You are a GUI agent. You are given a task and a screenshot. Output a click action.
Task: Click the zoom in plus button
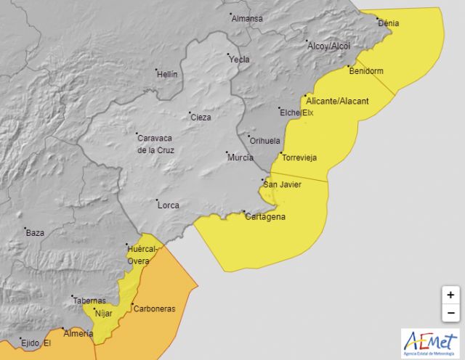[450, 295]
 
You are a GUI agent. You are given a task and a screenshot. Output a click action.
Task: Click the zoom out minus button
[450, 313]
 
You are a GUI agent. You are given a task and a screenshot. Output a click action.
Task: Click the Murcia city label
[240, 157]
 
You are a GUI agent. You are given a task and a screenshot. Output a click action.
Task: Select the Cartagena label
[265, 217]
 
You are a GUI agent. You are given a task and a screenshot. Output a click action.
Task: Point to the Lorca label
[169, 205]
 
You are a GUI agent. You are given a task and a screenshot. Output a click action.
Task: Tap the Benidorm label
[366, 71]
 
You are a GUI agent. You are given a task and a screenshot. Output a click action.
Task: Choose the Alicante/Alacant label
[337, 101]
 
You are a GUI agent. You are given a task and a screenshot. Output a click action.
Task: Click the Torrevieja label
[299, 157]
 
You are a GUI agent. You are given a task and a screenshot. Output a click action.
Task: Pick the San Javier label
[283, 184]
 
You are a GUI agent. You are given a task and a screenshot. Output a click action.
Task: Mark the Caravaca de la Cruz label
[155, 144]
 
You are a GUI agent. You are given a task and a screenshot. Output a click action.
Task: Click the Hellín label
[167, 74]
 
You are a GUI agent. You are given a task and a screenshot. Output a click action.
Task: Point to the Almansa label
[247, 19]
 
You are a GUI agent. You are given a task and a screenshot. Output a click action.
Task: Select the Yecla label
[240, 60]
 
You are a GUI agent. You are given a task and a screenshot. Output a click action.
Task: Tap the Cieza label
[201, 117]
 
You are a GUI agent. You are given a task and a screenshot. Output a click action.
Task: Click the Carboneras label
[154, 308]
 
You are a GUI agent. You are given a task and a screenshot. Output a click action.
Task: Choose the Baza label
[35, 233]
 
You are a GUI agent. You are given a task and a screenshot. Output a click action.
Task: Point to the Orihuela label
[265, 141]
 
